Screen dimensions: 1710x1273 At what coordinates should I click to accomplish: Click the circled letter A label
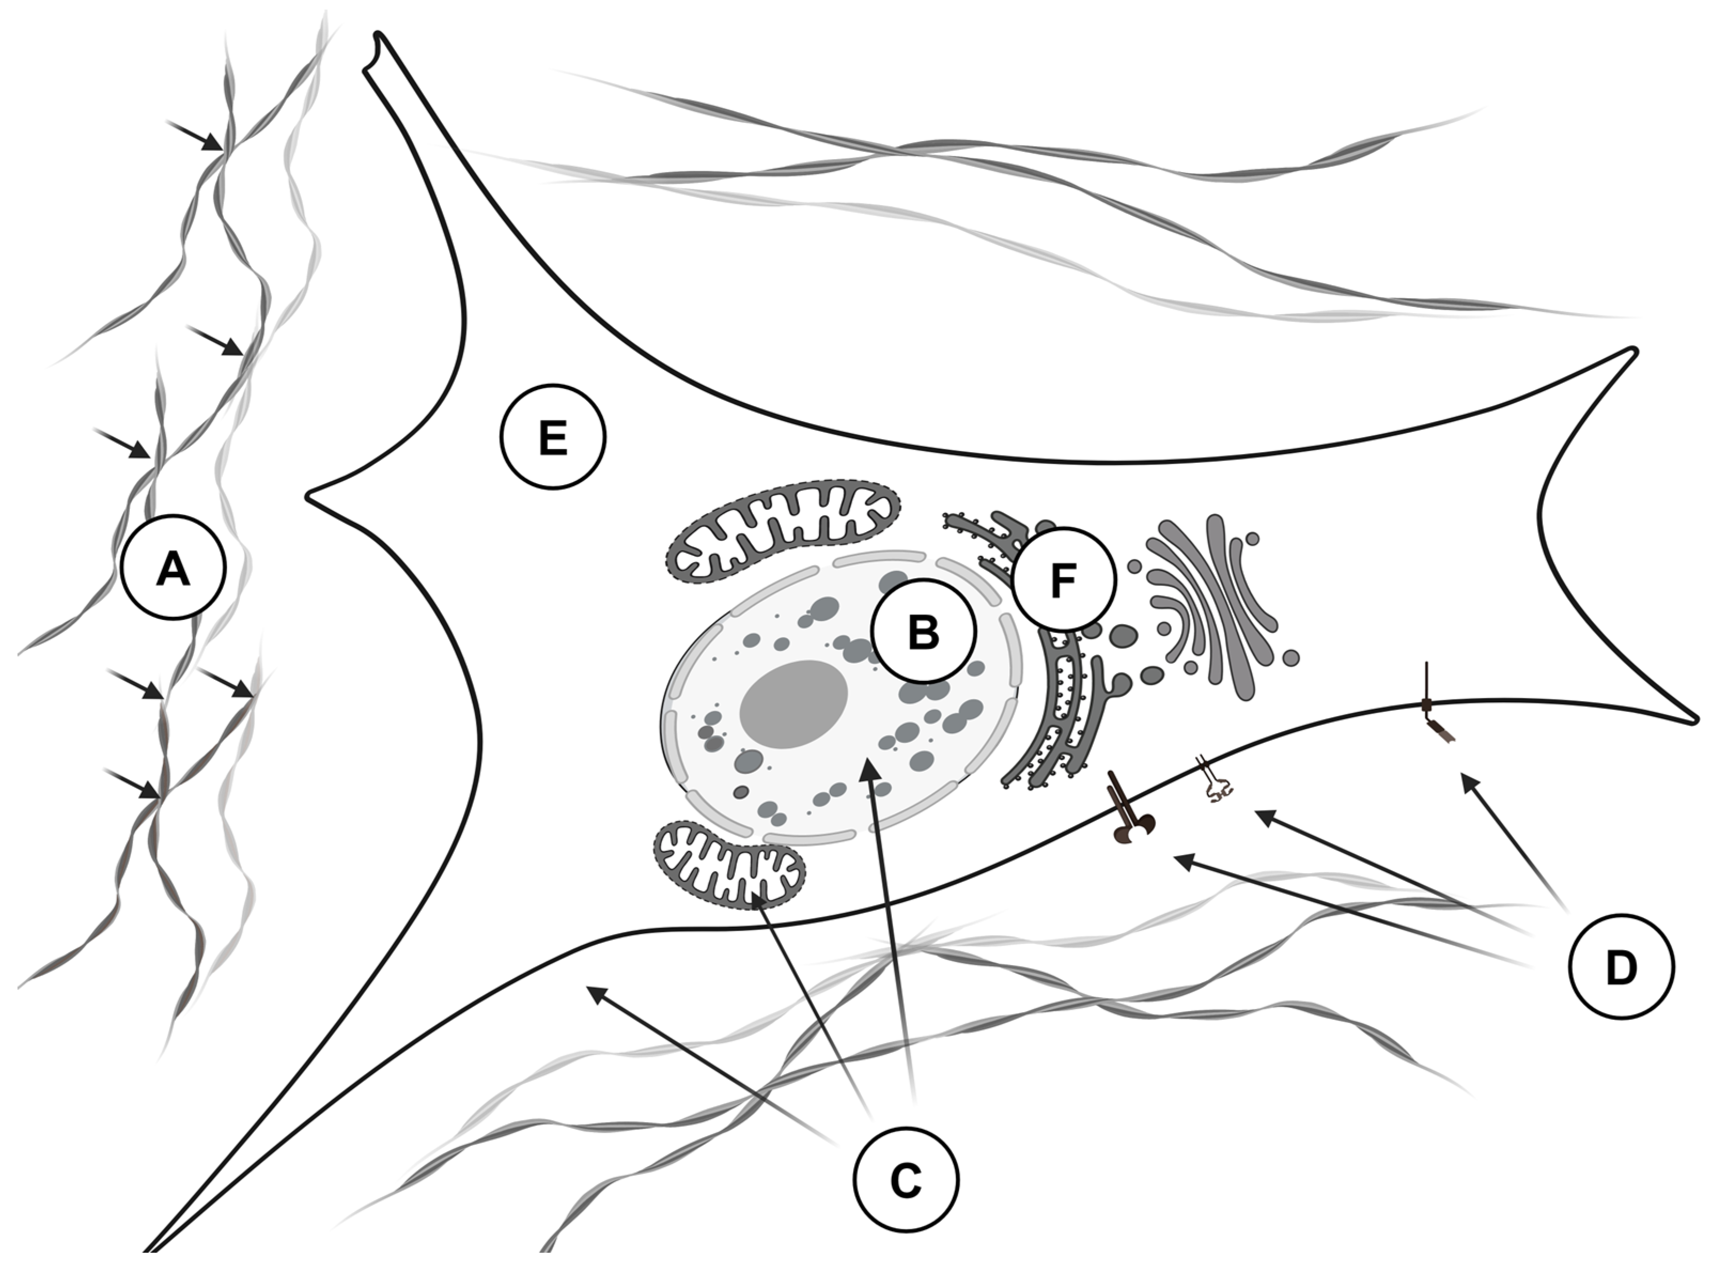tap(174, 568)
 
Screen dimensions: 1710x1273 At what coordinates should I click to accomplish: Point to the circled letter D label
tap(1622, 968)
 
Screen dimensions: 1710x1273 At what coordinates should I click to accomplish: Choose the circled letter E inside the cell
tap(553, 437)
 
